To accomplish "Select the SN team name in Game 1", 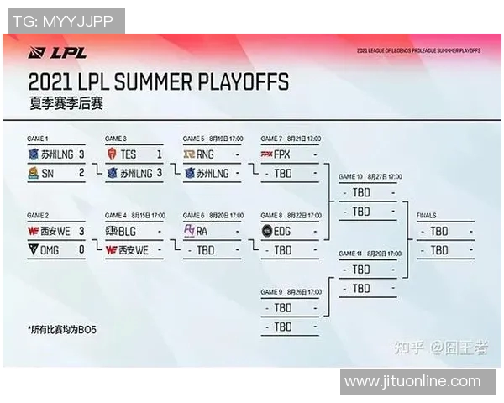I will (48, 173).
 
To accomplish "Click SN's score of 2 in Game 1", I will (81, 173).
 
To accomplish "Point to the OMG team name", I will (50, 249).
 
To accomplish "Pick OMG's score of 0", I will (81, 249).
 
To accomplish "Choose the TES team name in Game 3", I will (128, 154).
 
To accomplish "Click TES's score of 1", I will (160, 154).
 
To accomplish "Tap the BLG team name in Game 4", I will (129, 231).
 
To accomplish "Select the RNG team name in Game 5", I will (206, 154).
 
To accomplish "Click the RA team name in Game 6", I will (202, 231).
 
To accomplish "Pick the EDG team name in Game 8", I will (284, 231).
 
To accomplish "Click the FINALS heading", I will (427, 216).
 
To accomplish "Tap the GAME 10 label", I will (351, 177).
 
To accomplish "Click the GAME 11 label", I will (351, 254).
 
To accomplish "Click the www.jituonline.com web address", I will (412, 381).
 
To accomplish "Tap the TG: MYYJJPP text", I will (63, 20).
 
